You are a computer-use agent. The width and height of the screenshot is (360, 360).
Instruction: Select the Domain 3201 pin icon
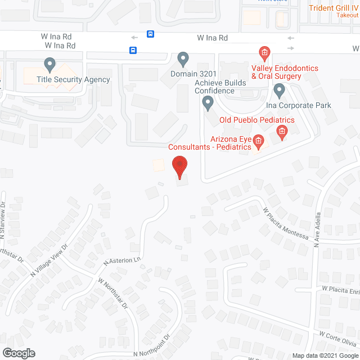[x=183, y=58]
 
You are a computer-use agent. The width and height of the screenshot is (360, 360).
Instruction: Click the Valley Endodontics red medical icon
[x=263, y=53]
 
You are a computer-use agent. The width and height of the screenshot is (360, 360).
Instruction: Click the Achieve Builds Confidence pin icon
[x=208, y=102]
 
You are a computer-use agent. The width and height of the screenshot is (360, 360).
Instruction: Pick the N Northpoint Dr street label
[x=152, y=349]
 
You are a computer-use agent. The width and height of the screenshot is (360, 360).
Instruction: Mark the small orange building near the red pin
[x=159, y=165]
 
